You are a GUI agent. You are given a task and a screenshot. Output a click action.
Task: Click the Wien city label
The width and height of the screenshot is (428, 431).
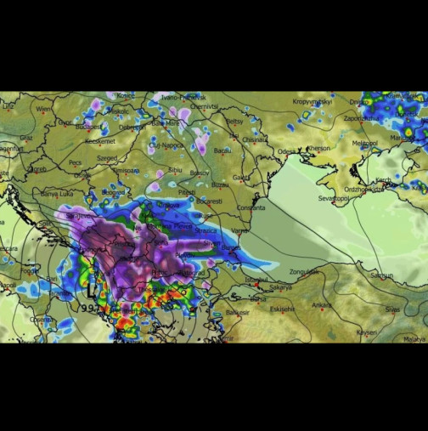coord(42,109)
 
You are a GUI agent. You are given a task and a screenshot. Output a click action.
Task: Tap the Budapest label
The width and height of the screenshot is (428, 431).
coord(87,128)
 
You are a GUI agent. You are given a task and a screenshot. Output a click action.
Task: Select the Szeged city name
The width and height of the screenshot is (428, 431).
coord(107,157)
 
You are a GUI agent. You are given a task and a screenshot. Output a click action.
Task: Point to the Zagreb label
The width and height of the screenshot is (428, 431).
coord(37,168)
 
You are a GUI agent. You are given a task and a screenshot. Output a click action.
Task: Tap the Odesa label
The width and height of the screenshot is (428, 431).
coord(287,151)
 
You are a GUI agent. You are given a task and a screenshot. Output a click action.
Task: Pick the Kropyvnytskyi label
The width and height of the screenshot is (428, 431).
coord(312,101)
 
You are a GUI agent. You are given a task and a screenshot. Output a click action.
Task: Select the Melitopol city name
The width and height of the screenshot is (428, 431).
coord(364,143)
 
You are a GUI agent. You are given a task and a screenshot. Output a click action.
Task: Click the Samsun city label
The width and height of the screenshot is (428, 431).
coord(381,275)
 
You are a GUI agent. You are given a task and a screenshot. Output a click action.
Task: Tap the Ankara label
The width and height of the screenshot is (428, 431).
coord(321,304)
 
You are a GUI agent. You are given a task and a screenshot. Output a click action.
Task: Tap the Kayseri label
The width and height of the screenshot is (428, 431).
coord(366,332)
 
